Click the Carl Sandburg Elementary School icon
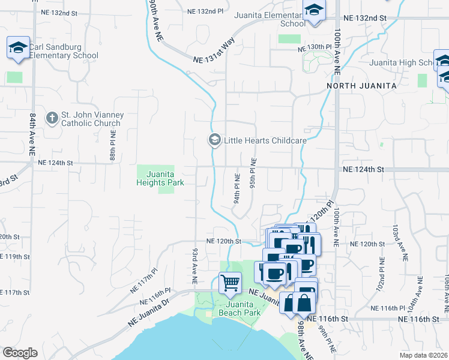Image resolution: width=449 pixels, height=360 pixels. (x=18, y=48)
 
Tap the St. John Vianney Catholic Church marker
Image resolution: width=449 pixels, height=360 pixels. (x=52, y=118)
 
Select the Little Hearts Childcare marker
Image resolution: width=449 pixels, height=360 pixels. (x=214, y=140)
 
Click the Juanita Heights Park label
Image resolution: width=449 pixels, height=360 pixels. (x=160, y=178)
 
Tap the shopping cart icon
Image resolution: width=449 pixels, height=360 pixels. (x=231, y=283)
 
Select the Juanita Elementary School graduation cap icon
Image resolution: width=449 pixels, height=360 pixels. (x=313, y=11)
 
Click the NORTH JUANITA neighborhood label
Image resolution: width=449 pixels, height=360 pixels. (x=361, y=86)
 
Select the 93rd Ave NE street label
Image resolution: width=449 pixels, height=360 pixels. (x=195, y=266)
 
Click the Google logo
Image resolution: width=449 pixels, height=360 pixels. (x=20, y=353)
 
